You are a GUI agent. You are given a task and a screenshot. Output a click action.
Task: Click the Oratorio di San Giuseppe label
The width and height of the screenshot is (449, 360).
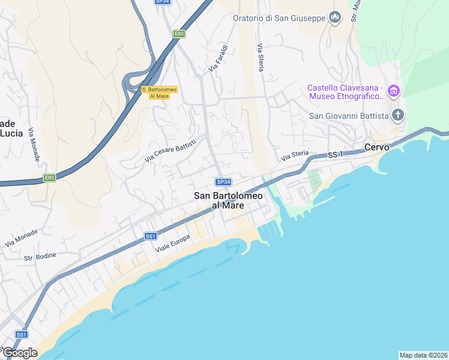[279, 17]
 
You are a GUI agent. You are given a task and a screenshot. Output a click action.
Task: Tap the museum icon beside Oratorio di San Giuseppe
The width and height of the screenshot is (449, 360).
[335, 17]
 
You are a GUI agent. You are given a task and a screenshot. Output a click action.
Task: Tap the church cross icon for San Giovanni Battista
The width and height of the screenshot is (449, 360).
[397, 115]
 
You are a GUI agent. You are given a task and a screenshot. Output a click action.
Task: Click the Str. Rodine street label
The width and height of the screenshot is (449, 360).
[40, 257]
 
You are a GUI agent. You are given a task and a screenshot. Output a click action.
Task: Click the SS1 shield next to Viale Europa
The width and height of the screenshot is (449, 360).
[151, 236]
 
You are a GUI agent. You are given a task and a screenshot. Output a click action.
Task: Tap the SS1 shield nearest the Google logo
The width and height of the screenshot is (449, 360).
[22, 334]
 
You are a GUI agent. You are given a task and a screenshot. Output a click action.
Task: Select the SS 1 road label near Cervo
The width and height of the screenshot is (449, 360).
[336, 155]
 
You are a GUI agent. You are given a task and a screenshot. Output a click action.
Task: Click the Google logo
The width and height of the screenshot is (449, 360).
[19, 353]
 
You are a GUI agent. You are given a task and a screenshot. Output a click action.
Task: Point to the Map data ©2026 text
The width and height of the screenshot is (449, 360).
[423, 355]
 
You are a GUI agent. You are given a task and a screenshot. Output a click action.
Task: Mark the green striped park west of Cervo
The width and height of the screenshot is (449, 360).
[314, 178]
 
